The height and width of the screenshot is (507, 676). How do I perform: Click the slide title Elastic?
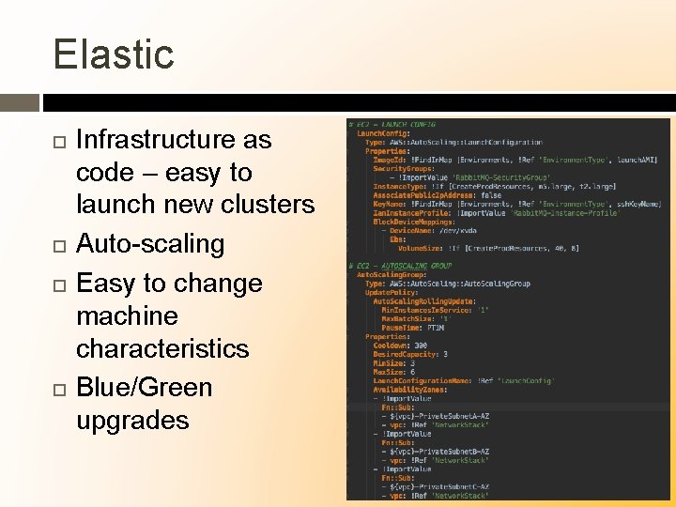[114, 54]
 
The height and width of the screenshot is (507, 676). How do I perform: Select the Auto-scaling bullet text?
[150, 244]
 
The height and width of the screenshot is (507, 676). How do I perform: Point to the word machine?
[127, 315]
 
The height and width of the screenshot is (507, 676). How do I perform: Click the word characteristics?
[162, 348]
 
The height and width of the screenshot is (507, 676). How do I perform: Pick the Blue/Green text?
[144, 387]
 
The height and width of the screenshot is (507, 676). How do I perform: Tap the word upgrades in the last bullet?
[132, 420]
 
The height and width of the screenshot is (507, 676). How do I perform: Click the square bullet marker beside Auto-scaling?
[58, 245]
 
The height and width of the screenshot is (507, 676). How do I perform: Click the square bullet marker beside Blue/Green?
[58, 388]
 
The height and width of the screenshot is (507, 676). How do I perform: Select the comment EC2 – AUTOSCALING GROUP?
[401, 266]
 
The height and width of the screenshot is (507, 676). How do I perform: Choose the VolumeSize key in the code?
[419, 248]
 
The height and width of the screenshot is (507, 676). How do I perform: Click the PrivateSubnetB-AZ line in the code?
[448, 452]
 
